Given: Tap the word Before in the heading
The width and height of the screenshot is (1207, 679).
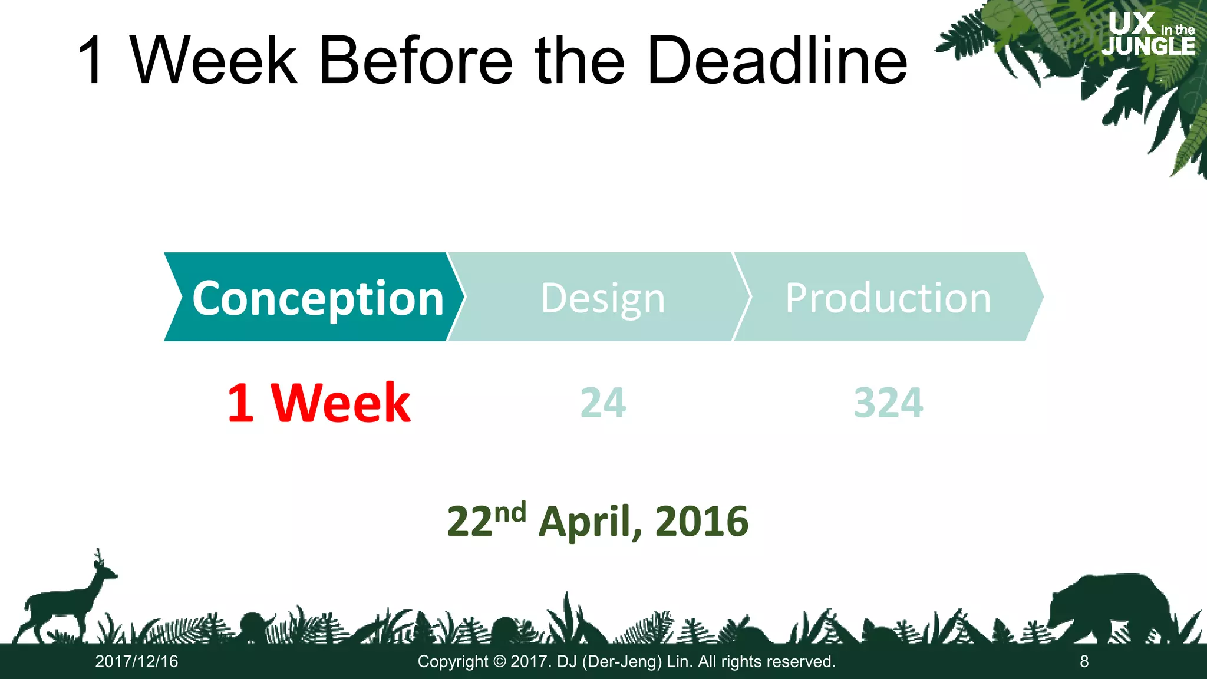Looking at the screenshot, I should pos(415,60).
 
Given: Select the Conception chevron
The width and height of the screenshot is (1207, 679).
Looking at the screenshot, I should pos(312,297).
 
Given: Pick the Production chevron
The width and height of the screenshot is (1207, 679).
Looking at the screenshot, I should pos(888,297).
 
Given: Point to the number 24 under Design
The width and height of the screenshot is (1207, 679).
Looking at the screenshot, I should pos(603,403).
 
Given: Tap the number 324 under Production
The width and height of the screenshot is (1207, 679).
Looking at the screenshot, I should pos(888,403).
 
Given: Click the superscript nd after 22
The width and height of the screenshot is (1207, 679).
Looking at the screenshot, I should pos(510,513).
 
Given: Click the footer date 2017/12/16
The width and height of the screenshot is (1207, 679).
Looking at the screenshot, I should pos(137,661).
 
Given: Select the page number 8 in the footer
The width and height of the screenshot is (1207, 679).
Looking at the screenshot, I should pos(1084,661).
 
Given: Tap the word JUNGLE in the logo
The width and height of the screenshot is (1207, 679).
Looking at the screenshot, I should pos(1148,46).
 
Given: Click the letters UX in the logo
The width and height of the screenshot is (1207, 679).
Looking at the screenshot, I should pos(1131,24).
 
